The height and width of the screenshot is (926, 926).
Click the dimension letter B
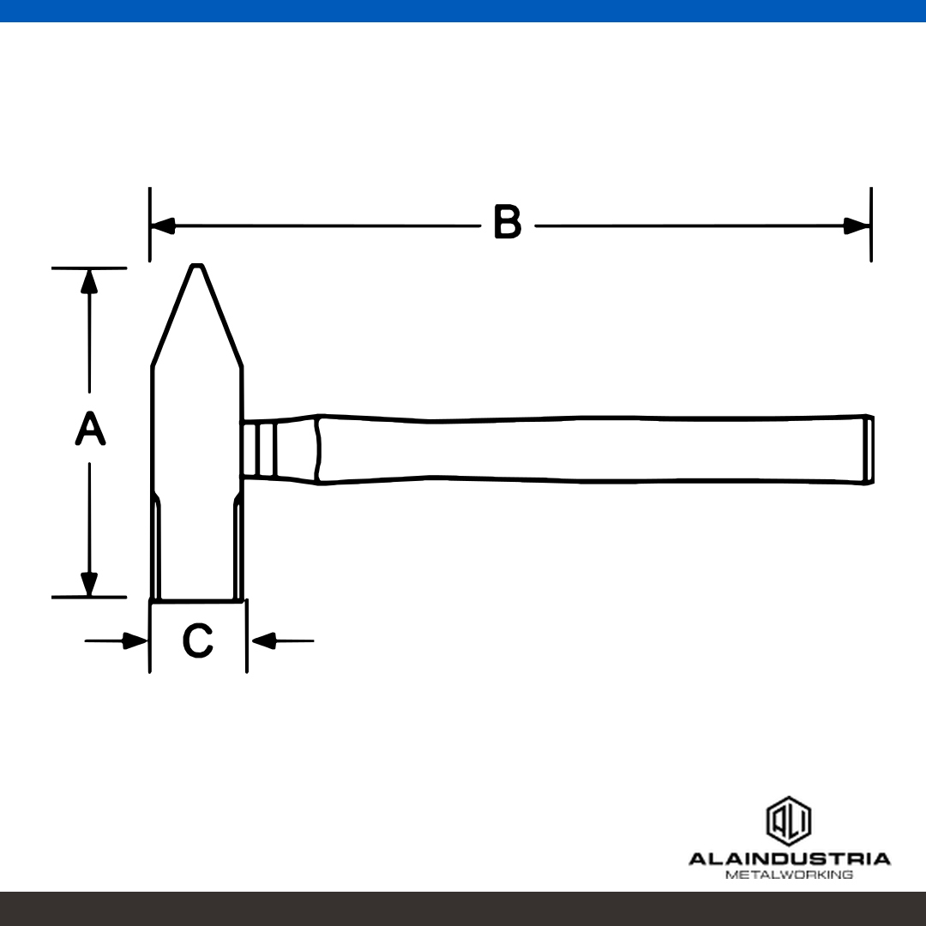click(x=508, y=221)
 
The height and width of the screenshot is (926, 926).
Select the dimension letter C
click(x=197, y=640)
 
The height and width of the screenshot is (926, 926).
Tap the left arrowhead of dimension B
click(x=162, y=225)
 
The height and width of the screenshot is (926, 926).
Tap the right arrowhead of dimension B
click(x=857, y=225)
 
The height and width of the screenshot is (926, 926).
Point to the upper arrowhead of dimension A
click(x=89, y=281)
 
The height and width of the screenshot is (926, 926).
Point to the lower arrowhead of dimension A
click(x=89, y=584)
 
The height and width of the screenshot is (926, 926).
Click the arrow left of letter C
click(x=116, y=640)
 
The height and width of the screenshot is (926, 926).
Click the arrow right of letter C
click(x=282, y=640)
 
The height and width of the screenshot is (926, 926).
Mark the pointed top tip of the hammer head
click(x=197, y=265)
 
